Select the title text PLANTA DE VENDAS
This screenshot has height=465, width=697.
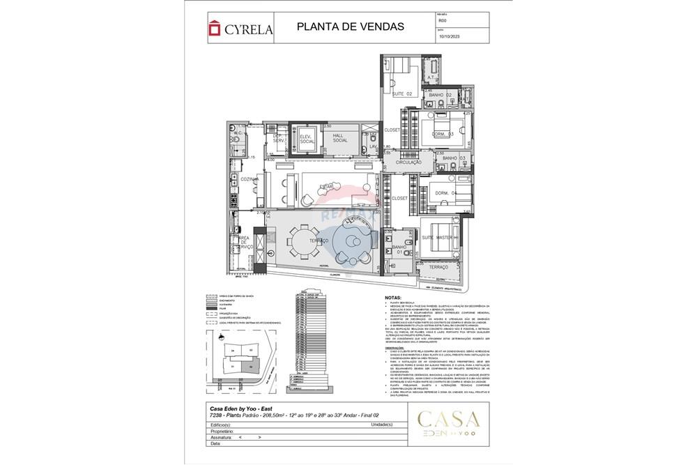click(350, 27)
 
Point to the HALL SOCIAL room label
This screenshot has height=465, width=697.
click(340, 137)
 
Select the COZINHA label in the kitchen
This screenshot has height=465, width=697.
click(250, 179)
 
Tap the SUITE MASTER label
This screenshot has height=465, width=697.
click(436, 238)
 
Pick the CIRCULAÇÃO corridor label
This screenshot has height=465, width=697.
click(409, 162)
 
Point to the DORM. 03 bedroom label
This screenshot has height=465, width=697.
click(441, 134)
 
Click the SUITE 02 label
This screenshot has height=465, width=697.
click(402, 93)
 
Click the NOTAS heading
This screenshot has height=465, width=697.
click(393, 297)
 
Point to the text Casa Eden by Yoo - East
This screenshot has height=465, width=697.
click(240, 409)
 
